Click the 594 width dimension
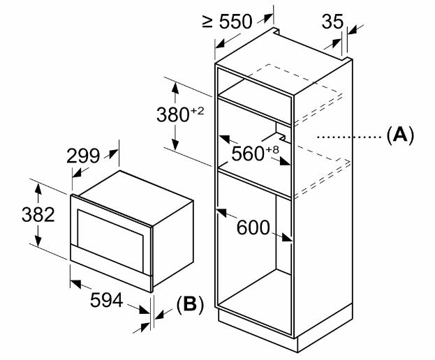point(107,300)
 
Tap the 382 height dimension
point(38,214)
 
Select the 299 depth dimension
point(82,156)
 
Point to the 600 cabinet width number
point(253,228)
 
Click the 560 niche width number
point(248,153)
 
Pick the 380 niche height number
point(173,114)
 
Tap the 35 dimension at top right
point(332,21)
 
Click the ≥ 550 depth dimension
point(227,22)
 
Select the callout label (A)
point(400,136)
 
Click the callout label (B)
point(191,305)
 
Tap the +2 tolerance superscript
point(197,111)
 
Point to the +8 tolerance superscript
point(272,150)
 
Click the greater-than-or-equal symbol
point(207,22)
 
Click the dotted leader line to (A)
point(350,137)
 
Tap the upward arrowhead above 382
point(38,189)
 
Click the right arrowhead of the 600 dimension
point(287,238)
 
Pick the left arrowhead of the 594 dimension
point(75,284)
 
